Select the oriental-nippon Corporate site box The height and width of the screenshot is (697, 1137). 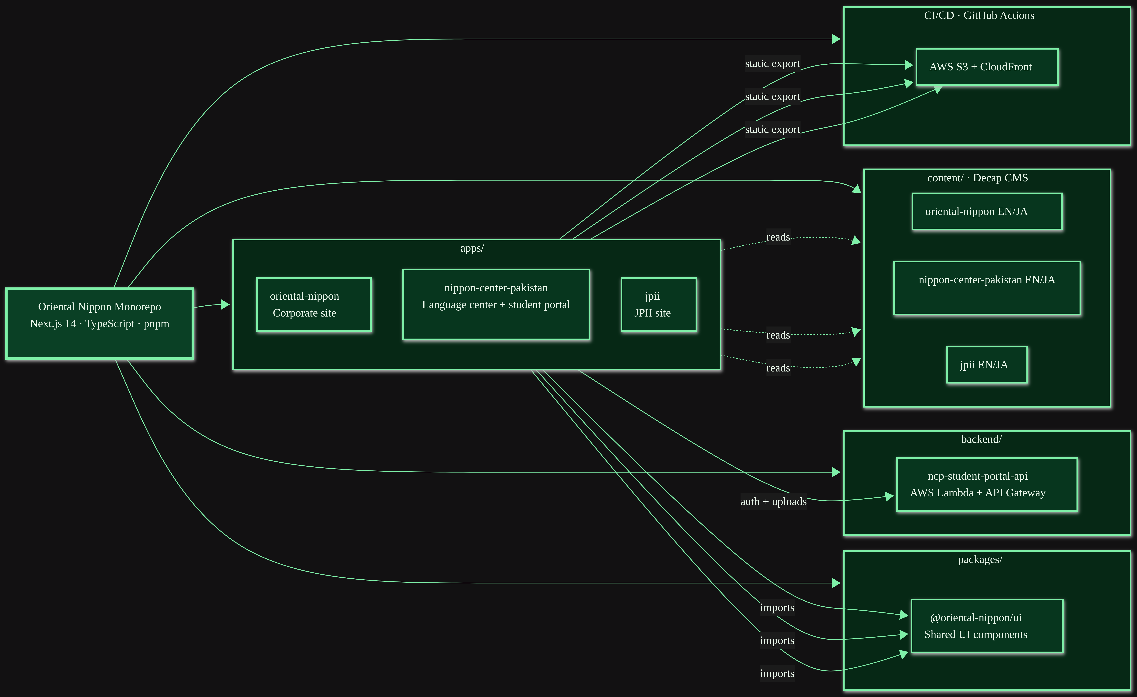tap(314, 304)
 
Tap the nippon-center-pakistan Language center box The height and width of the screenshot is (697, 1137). tap(496, 304)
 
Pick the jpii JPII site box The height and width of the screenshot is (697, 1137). tap(659, 304)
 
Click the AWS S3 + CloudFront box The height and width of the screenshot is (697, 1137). tap(987, 67)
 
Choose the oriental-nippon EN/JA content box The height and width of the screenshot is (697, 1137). tap(987, 211)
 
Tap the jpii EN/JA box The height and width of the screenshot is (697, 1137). tap(987, 365)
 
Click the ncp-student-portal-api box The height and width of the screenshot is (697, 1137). tap(987, 484)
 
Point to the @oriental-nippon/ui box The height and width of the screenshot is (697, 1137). tap(987, 626)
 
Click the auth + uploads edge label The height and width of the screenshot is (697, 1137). tap(773, 501)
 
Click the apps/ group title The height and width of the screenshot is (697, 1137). tap(472, 248)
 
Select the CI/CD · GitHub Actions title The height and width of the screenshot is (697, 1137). tap(979, 15)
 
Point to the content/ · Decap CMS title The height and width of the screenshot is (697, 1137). tap(978, 178)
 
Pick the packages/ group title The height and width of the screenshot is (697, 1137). tap(980, 559)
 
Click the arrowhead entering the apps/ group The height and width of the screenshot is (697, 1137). tap(225, 304)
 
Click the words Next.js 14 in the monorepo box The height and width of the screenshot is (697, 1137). tap(53, 323)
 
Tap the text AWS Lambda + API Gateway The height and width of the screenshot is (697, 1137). tap(978, 493)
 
